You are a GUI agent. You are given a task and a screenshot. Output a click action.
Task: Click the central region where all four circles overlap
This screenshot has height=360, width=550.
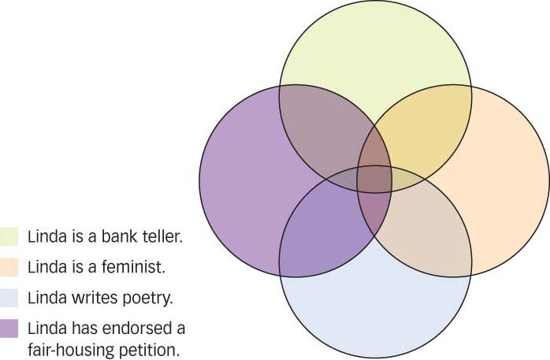(x=375, y=179)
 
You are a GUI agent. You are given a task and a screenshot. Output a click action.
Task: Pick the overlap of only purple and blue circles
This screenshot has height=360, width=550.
(x=323, y=228)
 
